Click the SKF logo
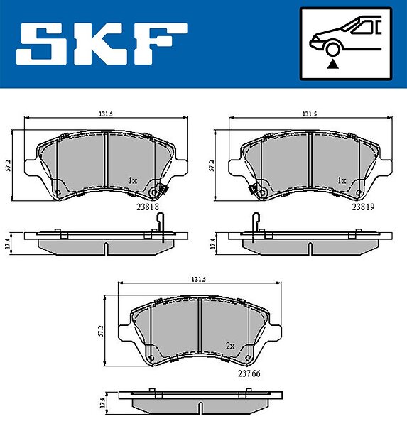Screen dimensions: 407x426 click(102, 44)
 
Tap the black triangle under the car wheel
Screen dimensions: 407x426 click(332, 65)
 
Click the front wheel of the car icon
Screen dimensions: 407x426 click(332, 50)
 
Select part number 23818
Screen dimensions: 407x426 click(147, 207)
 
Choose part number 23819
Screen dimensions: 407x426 click(363, 207)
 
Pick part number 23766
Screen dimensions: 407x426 click(249, 373)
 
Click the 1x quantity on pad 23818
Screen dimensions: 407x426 click(133, 180)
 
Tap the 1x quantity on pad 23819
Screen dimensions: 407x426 click(342, 180)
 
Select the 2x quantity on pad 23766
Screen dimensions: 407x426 click(230, 346)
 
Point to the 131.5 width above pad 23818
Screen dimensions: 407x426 click(106, 114)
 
